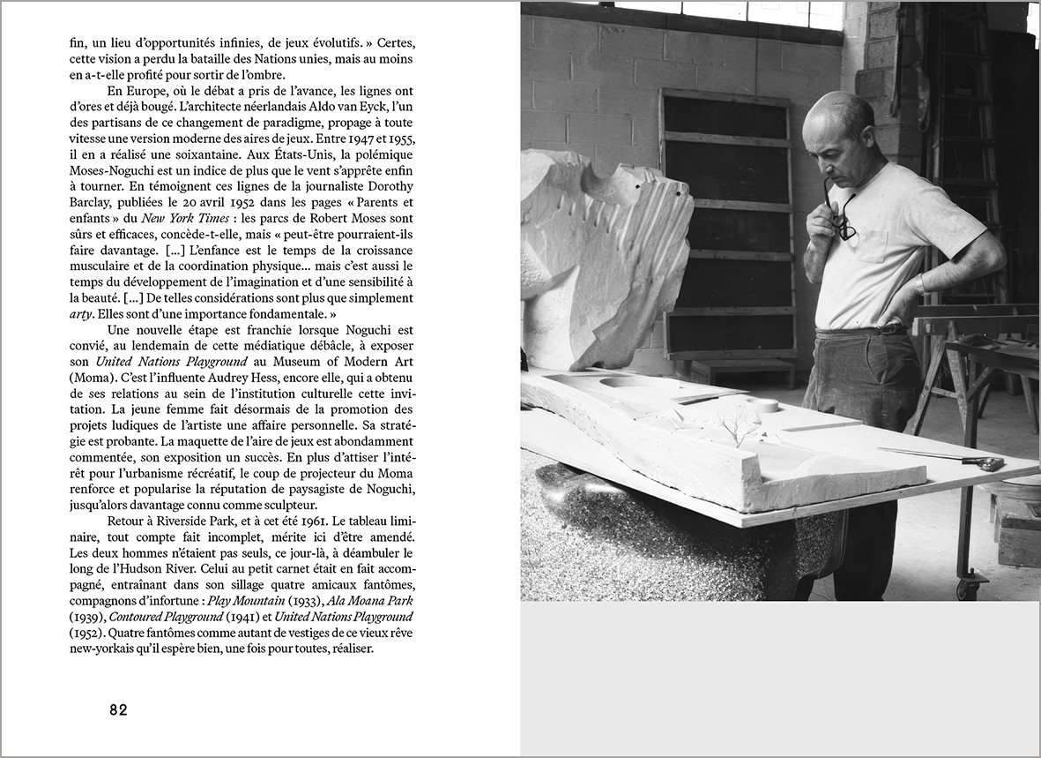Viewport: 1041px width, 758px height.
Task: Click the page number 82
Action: [x=119, y=709]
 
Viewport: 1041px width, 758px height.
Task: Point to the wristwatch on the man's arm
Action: [x=920, y=284]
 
